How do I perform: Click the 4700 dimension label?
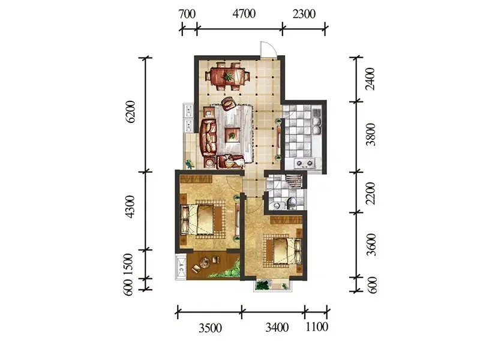tap(244, 14)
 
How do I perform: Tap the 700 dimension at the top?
tap(187, 14)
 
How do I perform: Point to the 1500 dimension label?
tap(128, 264)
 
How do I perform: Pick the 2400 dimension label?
tap(370, 79)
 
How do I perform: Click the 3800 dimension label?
tap(371, 134)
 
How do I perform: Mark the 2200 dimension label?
tap(371, 193)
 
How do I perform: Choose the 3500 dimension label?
tap(211, 328)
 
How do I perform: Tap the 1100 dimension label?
tap(317, 327)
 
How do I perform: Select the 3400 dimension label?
tap(277, 328)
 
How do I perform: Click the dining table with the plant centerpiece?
tap(228, 76)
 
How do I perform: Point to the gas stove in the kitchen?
tap(305, 163)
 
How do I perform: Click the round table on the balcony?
tap(205, 262)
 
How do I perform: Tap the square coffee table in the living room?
tap(232, 134)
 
